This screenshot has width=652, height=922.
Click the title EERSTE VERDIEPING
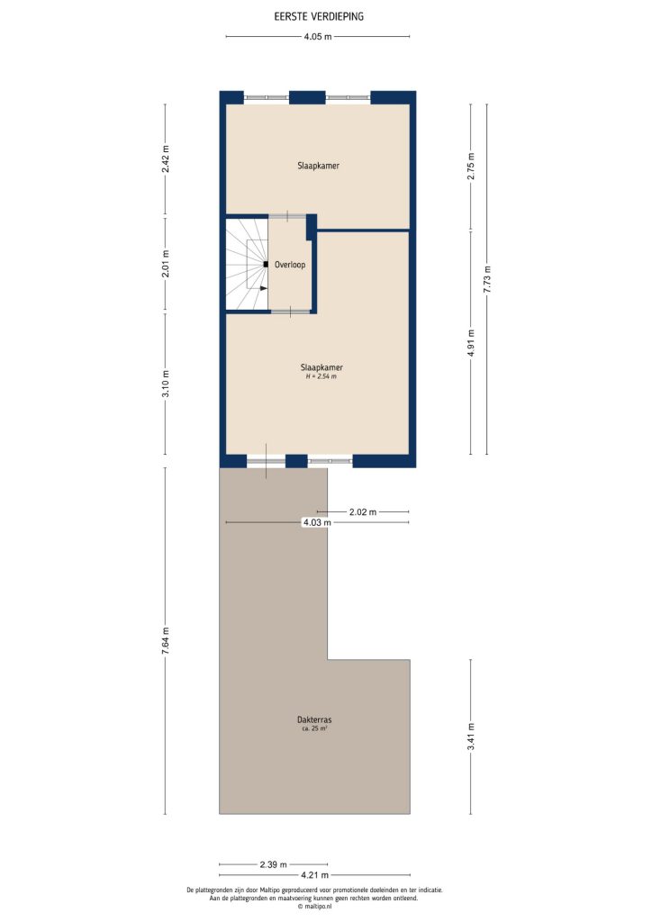click(320, 16)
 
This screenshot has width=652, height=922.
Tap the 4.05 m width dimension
click(317, 37)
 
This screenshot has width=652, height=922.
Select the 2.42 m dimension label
click(165, 160)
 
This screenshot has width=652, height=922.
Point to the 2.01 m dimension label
click(165, 265)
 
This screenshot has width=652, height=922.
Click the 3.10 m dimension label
click(165, 384)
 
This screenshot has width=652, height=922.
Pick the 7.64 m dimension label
click(165, 641)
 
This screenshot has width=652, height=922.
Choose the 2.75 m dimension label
click(471, 167)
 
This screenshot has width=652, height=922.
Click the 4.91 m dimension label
click(471, 342)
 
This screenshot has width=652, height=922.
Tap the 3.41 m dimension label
click(471, 736)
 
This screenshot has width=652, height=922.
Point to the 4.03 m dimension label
click(317, 522)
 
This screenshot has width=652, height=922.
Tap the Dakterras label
click(314, 719)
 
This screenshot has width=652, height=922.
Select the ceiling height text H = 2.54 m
click(321, 376)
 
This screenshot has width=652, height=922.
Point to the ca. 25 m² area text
click(314, 728)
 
